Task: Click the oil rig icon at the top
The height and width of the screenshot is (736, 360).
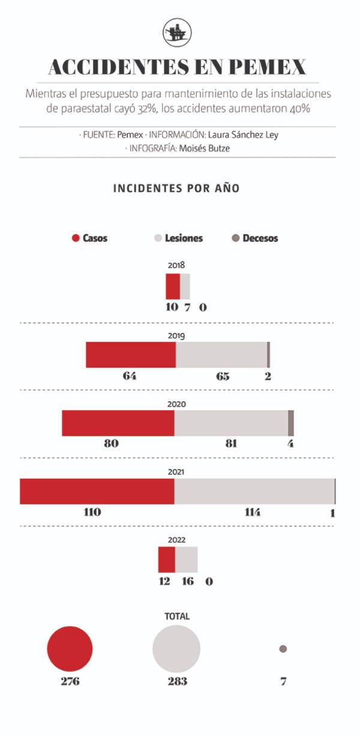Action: tap(178, 32)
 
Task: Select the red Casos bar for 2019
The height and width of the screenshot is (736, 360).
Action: tap(131, 355)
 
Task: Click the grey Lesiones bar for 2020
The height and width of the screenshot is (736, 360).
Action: tap(231, 423)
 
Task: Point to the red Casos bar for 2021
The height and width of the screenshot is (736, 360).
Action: tap(97, 491)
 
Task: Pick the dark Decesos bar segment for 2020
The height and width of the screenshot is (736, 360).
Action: tap(291, 423)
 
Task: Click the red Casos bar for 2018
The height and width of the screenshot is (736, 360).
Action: tap(173, 286)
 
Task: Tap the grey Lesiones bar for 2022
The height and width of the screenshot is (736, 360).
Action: tap(186, 560)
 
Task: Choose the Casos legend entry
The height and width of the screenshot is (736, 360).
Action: tap(90, 238)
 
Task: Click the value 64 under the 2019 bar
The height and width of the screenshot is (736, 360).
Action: tap(130, 376)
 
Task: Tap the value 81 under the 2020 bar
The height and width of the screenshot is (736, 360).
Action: tap(232, 444)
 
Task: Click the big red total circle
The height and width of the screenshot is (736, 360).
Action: tap(70, 649)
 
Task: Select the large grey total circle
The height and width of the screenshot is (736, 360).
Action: tap(176, 648)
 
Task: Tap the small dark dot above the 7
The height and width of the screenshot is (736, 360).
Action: tap(283, 649)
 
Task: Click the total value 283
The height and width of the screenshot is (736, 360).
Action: tap(177, 681)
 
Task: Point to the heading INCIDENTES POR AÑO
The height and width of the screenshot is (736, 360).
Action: tap(176, 188)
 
